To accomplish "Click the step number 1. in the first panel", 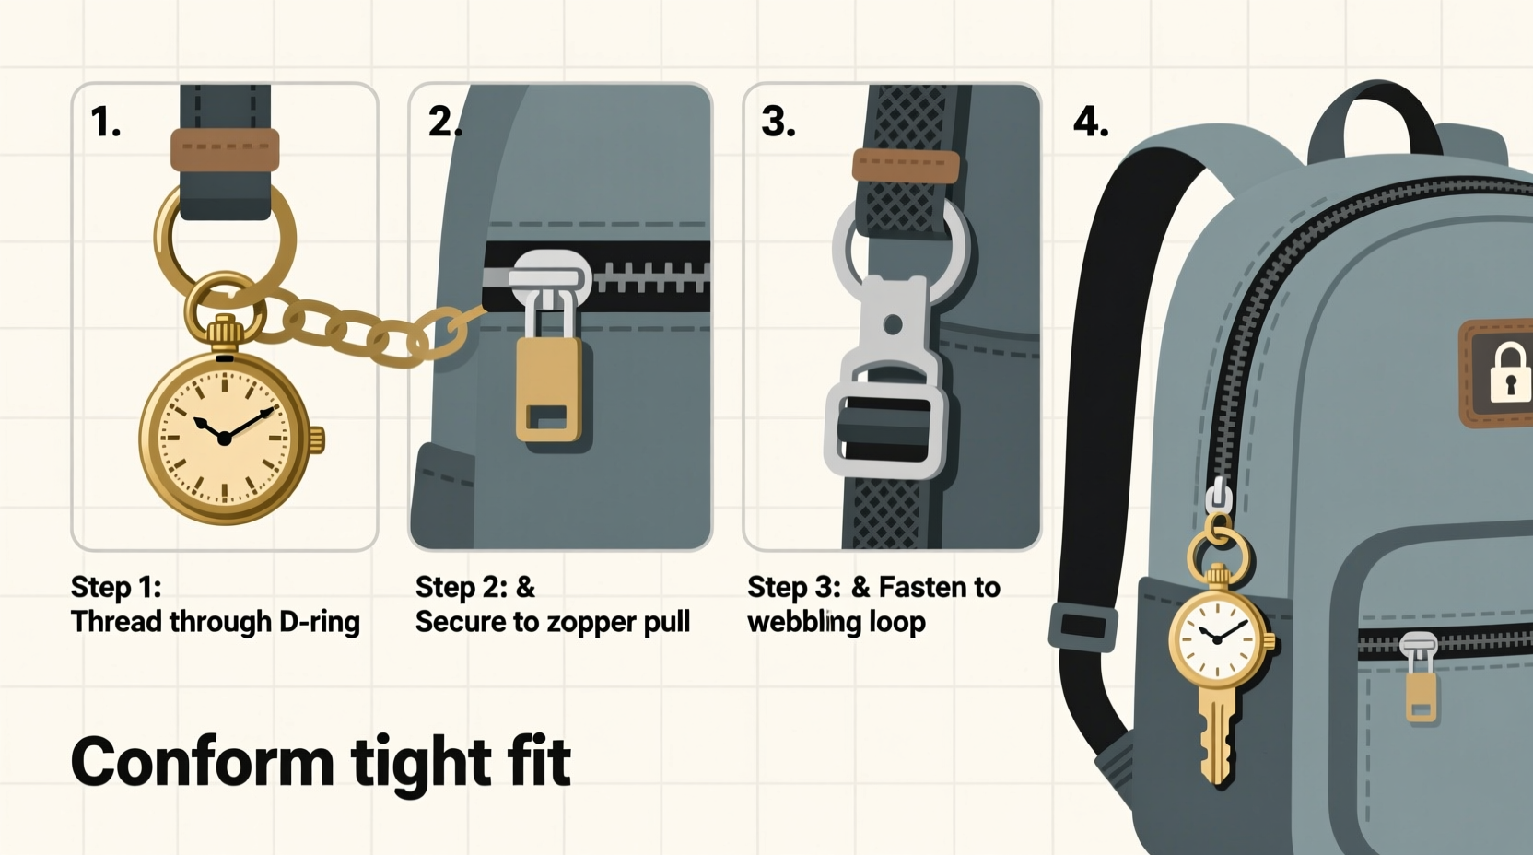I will pos(105,123).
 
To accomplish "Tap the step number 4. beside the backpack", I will pos(1090,123).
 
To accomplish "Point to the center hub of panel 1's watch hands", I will pos(224,439).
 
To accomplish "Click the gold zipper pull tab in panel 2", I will pos(549,389).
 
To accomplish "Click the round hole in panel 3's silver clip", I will pos(892,324).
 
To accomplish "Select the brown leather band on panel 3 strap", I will pos(906,166).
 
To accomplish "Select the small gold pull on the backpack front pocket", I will pos(1420,696).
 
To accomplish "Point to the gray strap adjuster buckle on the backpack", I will pos(1082,626).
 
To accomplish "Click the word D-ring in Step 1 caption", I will pos(319,622).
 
